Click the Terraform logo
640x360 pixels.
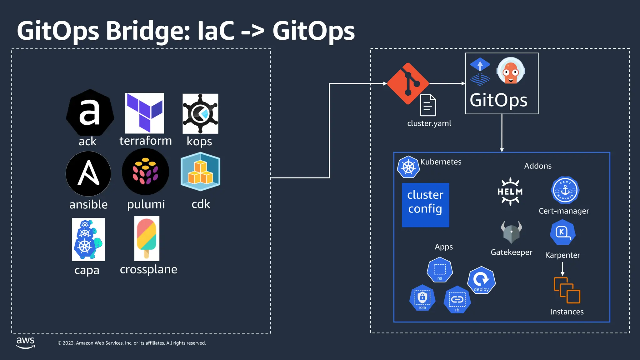click(x=144, y=113)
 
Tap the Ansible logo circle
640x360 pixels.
click(x=88, y=174)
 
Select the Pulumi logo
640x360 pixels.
click(x=145, y=172)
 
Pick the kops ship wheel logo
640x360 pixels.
click(x=200, y=113)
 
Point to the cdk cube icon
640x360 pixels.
click(x=200, y=172)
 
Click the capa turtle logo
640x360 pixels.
click(x=88, y=239)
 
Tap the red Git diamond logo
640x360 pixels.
click(x=408, y=83)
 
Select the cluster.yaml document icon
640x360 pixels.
click(x=428, y=105)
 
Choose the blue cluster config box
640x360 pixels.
click(x=425, y=205)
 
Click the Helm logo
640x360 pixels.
click(x=510, y=191)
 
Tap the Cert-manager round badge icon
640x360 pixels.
click(x=565, y=190)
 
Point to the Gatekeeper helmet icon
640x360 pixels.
click(x=511, y=232)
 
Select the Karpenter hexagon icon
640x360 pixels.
click(x=562, y=232)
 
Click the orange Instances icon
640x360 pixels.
click(x=567, y=290)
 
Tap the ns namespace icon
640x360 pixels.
click(x=440, y=270)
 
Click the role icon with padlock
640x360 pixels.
click(x=422, y=298)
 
